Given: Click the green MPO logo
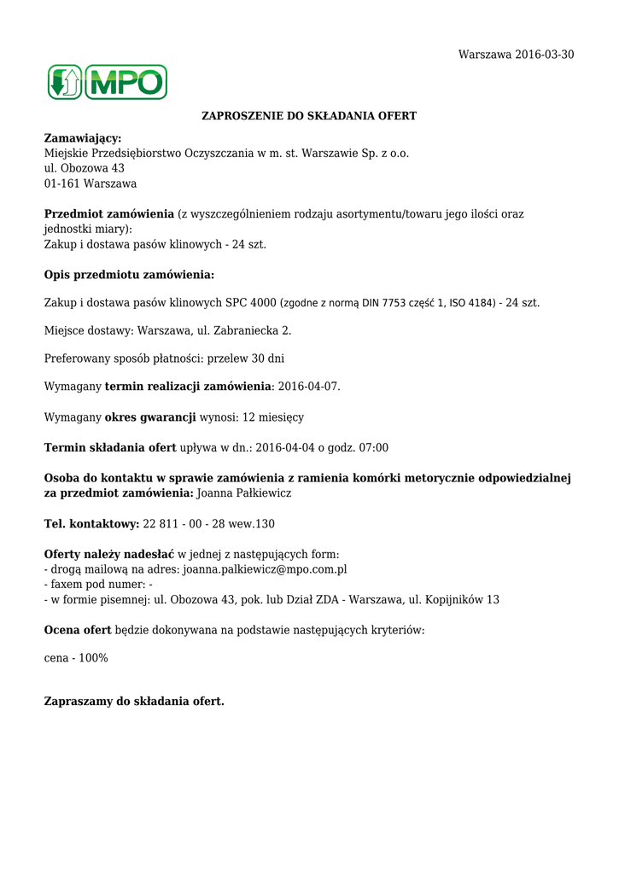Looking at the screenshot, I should pos(107,82).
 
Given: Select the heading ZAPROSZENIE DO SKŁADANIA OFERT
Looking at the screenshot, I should pos(309,115).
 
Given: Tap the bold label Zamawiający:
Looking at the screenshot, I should pos(83,138).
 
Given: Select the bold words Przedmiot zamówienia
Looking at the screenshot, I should pos(108,214).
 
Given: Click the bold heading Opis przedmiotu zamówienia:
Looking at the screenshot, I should pos(129,275).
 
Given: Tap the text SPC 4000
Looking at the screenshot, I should pos(251,302).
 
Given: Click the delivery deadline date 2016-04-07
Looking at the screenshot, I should pos(308,387).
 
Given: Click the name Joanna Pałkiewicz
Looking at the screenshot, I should pos(245,493).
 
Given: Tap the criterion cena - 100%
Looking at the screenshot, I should pos(76,658).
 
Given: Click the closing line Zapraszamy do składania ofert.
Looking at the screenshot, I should pos(134,702).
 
